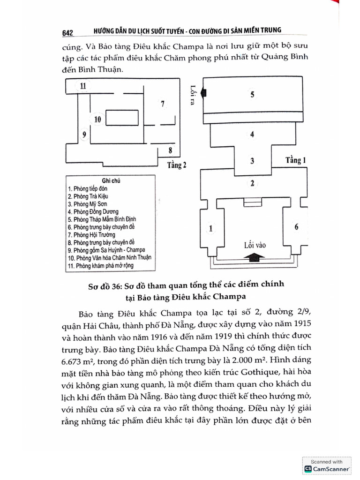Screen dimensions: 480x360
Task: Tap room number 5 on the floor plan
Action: click(x=252, y=95)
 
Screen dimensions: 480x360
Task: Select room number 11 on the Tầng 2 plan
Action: click(x=83, y=86)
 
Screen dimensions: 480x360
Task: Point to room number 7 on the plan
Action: click(x=162, y=104)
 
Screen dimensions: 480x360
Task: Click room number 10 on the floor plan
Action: click(x=97, y=120)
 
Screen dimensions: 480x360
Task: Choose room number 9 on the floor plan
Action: click(x=83, y=135)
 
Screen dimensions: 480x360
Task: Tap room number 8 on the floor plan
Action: click(x=170, y=150)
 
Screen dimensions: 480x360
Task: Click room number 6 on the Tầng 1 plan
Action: click(x=296, y=227)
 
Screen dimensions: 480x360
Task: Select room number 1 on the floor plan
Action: click(x=210, y=228)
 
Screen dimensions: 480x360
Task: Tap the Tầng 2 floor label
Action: click(x=177, y=165)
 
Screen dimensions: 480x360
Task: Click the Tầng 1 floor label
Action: click(x=296, y=160)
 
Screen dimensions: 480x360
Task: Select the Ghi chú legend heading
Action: click(x=111, y=180)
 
